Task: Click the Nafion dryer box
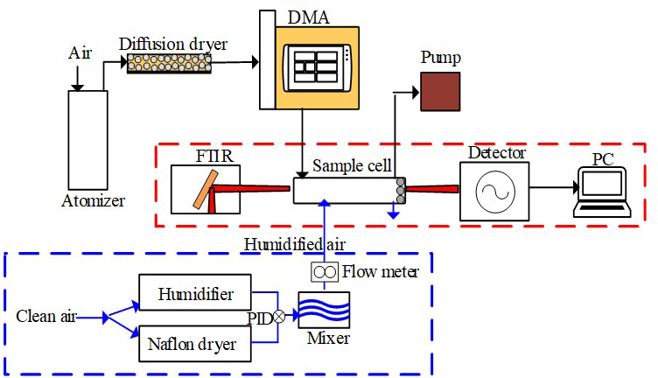195,344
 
